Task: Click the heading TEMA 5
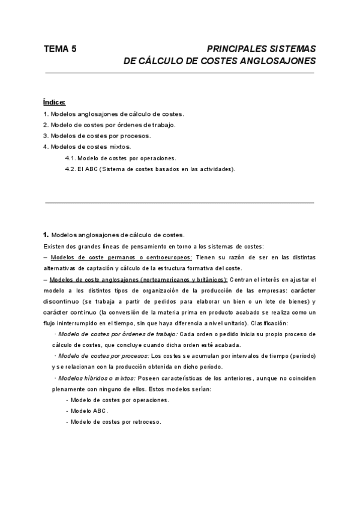tap(60, 49)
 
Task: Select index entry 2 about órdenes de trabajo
tap(109, 125)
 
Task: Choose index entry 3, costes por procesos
tap(97, 136)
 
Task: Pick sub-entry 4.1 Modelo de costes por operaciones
tap(120, 158)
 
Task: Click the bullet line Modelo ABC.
tap(89, 411)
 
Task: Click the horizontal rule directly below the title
tap(179, 73)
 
